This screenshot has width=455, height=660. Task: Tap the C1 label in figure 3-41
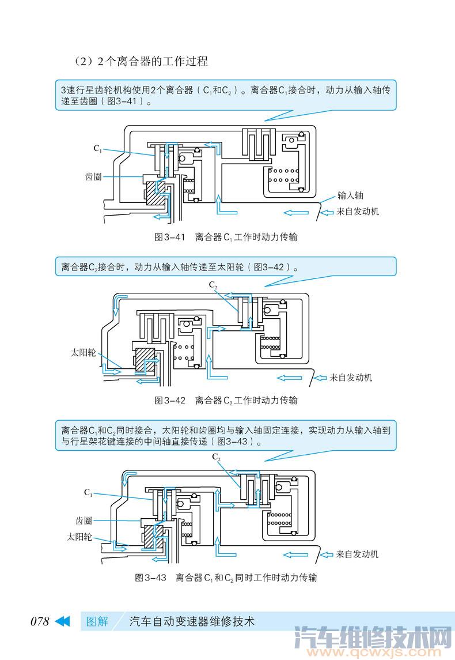tap(98, 148)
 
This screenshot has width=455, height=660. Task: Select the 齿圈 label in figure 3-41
tap(93, 176)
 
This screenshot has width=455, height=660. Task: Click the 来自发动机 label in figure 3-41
tap(358, 212)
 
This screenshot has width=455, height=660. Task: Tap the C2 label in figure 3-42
tap(213, 285)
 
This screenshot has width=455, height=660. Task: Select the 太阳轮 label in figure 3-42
tap(83, 352)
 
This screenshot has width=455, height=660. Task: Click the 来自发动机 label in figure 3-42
tap(351, 378)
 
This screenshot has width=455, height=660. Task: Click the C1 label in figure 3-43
tap(88, 492)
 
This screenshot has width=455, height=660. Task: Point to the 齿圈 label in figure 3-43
tap(84, 521)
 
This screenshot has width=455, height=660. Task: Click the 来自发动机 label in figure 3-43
tap(358, 554)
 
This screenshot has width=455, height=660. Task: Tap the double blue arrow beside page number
tap(62, 621)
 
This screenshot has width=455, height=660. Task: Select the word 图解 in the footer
tap(97, 621)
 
